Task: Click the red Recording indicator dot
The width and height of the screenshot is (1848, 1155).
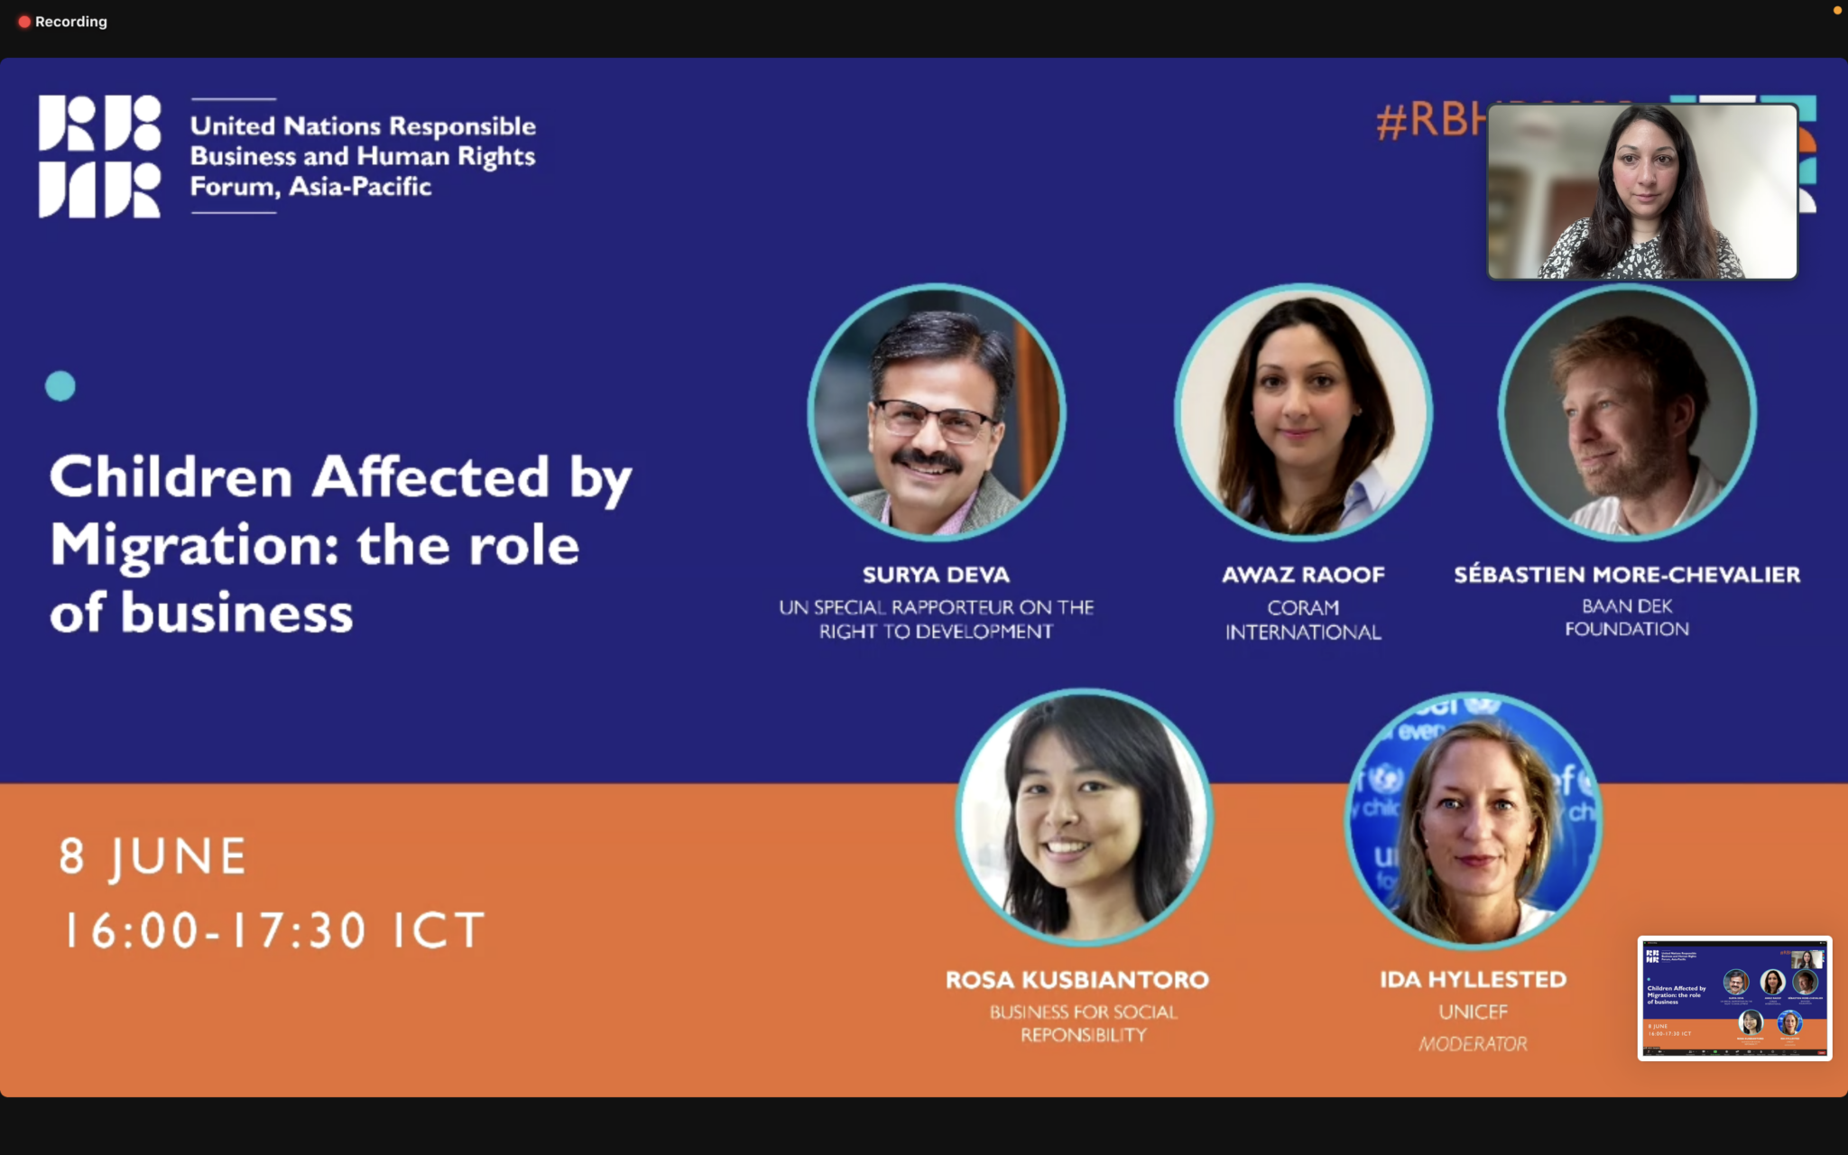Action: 24,22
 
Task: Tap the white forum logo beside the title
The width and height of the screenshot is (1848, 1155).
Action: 99,156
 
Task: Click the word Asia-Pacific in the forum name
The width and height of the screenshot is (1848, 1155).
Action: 360,187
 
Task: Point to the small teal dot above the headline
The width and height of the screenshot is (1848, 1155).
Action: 60,386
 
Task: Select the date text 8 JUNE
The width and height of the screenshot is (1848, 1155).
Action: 153,856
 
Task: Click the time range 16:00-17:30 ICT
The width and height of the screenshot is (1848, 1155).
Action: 274,930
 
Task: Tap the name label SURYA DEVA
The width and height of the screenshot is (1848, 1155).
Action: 936,575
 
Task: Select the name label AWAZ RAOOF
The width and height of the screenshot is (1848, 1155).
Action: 1303,575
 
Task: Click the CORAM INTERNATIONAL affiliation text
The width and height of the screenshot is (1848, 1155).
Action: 1303,620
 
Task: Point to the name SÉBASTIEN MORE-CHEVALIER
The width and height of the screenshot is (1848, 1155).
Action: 1627,575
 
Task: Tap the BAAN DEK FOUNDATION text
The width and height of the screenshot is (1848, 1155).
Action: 1627,617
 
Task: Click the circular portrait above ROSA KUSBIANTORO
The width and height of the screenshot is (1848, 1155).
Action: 1084,818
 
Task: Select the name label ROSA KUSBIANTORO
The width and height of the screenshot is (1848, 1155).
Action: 1077,980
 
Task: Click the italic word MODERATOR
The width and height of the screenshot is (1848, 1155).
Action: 1474,1044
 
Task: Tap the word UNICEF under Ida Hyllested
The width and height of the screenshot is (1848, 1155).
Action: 1474,1012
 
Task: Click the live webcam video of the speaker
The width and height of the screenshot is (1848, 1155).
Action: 1642,191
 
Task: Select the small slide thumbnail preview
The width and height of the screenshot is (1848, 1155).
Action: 1734,998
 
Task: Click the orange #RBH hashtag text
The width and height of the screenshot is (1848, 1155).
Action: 1431,119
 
